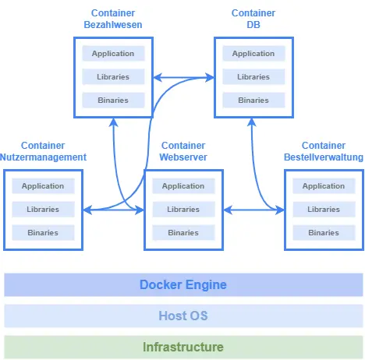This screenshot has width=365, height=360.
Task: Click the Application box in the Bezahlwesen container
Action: (113, 54)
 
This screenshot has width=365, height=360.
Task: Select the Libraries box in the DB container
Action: (253, 77)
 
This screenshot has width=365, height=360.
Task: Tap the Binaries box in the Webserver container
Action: (183, 233)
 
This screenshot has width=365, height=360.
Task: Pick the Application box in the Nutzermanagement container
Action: (43, 186)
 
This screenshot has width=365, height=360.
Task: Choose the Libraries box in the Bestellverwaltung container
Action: (324, 210)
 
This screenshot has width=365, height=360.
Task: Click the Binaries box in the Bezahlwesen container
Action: (113, 101)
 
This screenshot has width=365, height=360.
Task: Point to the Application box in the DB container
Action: (253, 54)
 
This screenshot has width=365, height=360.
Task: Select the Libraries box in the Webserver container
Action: (183, 210)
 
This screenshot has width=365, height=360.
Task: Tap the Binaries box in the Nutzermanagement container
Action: (43, 233)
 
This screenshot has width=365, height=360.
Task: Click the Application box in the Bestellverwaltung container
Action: (324, 186)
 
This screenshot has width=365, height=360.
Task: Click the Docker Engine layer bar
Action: (183, 284)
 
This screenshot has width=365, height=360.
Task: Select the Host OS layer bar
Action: (183, 316)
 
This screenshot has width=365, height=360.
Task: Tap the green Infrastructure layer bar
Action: (183, 347)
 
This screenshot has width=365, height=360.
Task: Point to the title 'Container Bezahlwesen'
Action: (113, 19)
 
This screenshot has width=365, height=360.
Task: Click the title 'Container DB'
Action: (253, 19)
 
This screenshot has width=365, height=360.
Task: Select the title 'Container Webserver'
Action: (183, 151)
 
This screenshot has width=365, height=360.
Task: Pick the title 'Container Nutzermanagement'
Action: (43, 151)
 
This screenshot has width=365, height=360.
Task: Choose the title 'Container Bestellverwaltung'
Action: (324, 151)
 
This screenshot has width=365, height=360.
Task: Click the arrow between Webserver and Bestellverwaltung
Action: (253, 210)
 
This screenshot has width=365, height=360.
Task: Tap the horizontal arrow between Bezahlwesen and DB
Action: (183, 77)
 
